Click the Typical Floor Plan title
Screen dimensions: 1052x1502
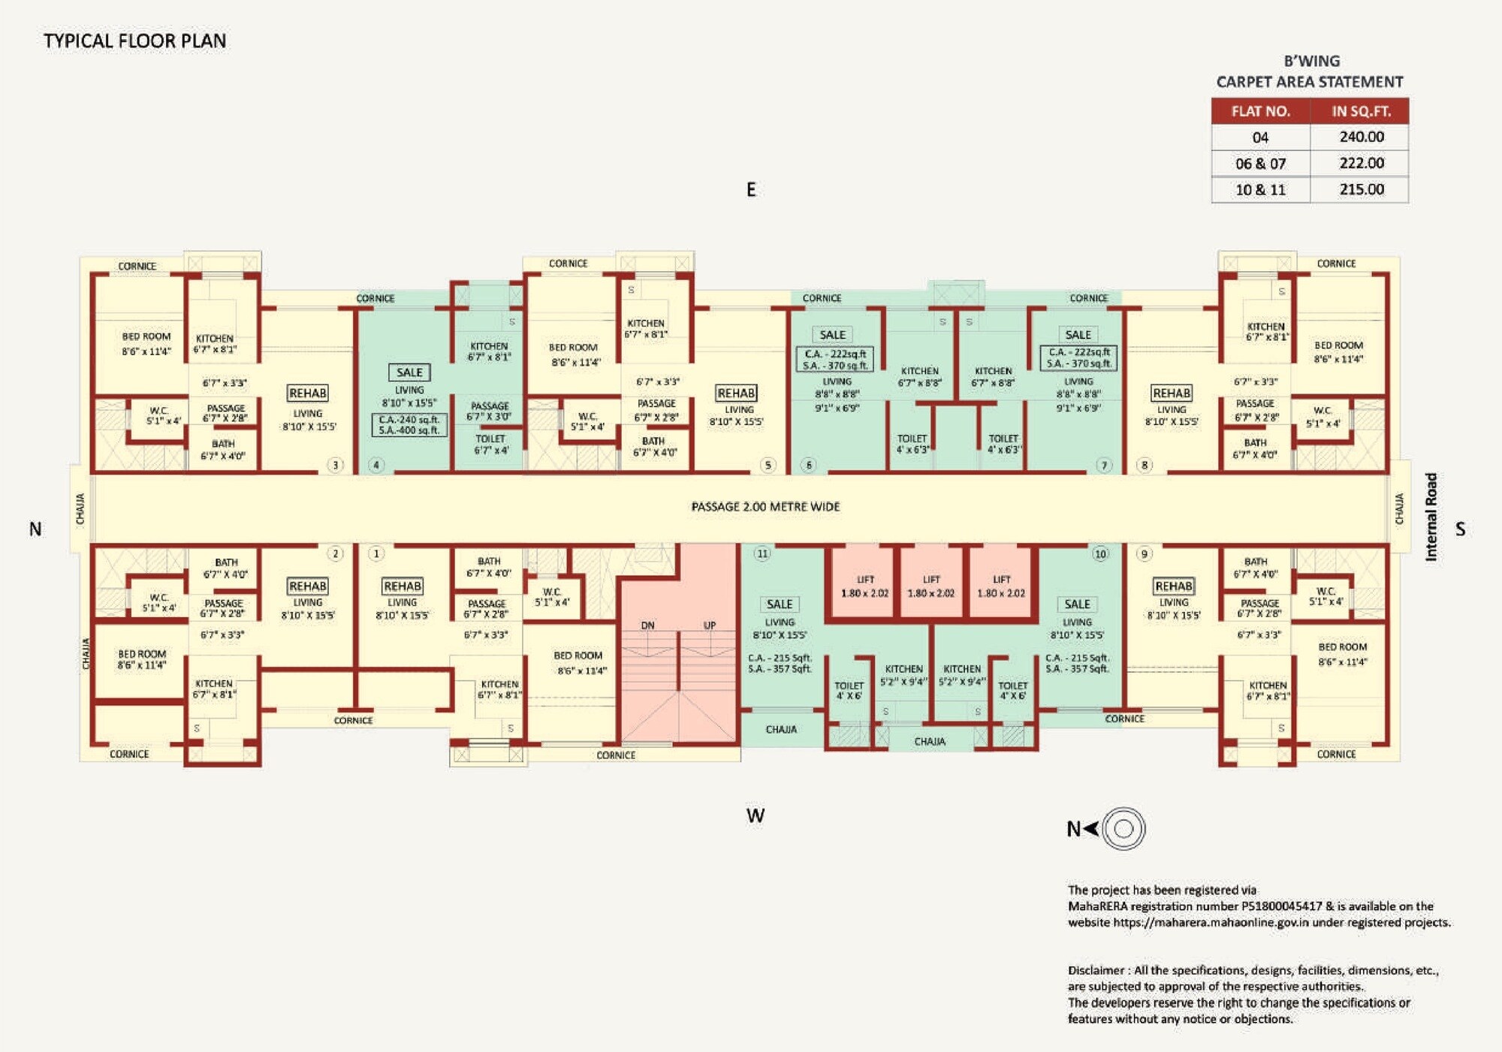tap(134, 41)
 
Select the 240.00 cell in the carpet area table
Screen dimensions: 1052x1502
tap(1361, 137)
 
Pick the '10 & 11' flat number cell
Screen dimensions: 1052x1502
tap(1260, 190)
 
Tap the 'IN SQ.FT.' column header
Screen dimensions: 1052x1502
tap(1361, 111)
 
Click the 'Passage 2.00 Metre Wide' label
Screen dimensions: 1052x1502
tap(765, 507)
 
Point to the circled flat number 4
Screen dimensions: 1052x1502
tap(376, 465)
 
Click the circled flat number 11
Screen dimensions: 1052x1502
tap(762, 554)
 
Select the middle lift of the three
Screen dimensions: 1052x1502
tap(931, 586)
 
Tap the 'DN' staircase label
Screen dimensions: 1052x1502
tap(647, 625)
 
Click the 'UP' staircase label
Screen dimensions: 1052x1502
tap(710, 625)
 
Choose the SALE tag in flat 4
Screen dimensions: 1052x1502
tap(409, 372)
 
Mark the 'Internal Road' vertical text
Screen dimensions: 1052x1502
tap(1431, 517)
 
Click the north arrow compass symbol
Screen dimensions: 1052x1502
tap(1123, 829)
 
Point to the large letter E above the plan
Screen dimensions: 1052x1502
tap(751, 190)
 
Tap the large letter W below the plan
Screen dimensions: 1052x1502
tap(756, 816)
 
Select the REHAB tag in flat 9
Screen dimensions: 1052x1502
tap(1173, 586)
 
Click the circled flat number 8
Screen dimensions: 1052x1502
tap(1145, 465)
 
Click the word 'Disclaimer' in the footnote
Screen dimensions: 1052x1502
tap(1096, 970)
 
